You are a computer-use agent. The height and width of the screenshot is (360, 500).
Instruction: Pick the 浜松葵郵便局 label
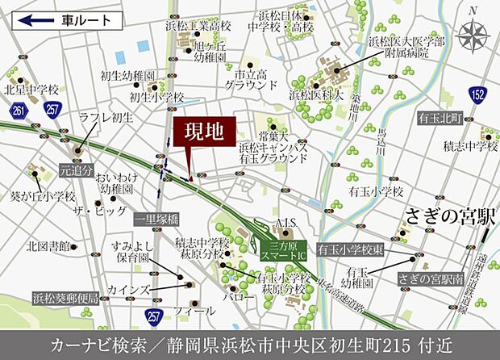tap(65, 298)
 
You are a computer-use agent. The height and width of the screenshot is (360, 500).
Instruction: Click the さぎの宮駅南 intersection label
tap(430, 278)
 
